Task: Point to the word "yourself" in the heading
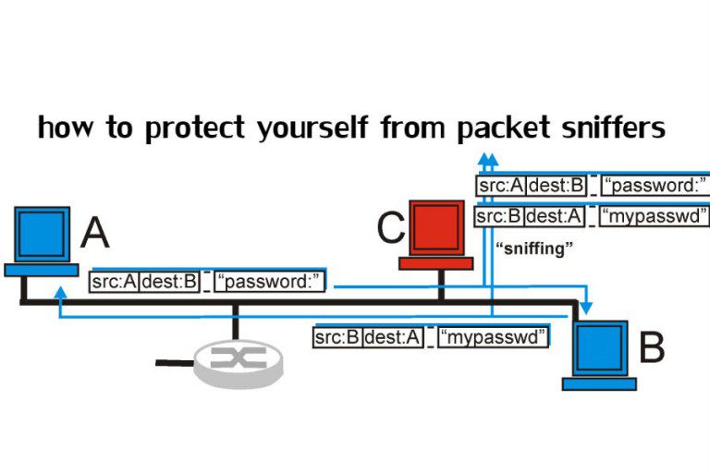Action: coord(312,128)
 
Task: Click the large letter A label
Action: coord(94,232)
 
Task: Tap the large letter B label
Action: coord(652,349)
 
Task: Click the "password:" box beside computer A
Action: coord(270,282)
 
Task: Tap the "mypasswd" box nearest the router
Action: coord(494,337)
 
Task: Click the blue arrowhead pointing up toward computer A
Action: coord(59,293)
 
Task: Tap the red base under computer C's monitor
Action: coord(435,263)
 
